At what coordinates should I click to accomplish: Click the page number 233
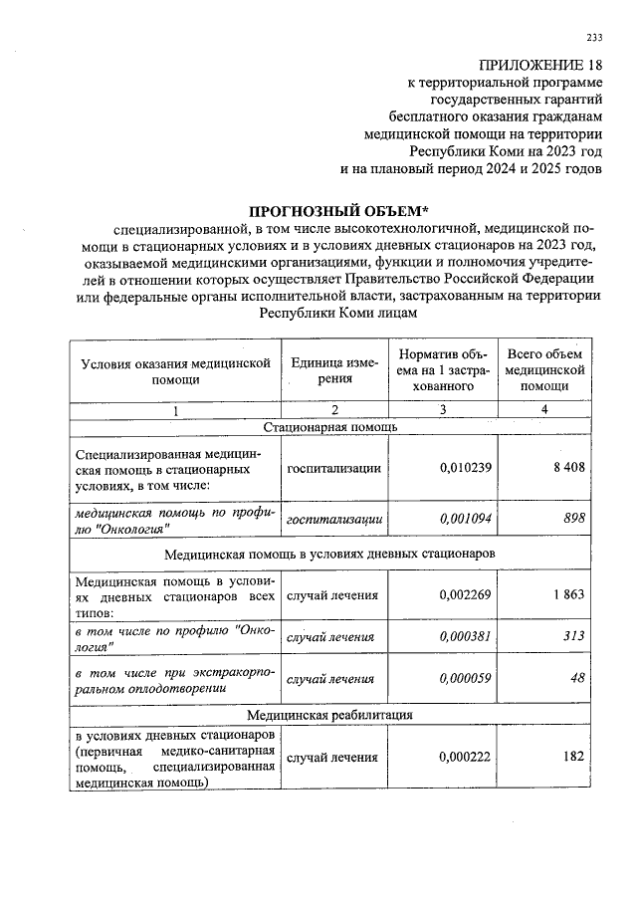[x=594, y=38]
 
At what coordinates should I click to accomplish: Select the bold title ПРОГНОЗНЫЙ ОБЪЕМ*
[x=337, y=211]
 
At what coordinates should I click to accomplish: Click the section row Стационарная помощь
[x=330, y=427]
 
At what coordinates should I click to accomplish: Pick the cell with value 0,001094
[x=465, y=519]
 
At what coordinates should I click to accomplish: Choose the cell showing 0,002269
[x=465, y=595]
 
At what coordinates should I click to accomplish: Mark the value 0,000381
[x=465, y=638]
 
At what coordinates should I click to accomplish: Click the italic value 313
[x=574, y=638]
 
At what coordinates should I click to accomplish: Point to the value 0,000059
[x=465, y=679]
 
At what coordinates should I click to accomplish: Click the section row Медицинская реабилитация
[x=330, y=715]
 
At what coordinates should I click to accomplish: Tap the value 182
[x=573, y=758]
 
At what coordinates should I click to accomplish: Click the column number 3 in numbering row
[x=442, y=410]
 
